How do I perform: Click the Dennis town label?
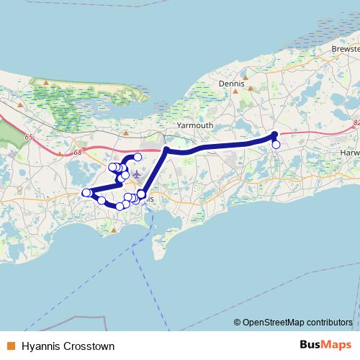pyautogui.click(x=231, y=84)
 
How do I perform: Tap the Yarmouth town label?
pyautogui.click(x=195, y=125)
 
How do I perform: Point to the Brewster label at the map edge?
pyautogui.click(x=345, y=48)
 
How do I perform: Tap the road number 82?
pyautogui.click(x=356, y=123)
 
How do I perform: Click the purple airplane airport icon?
pyautogui.click(x=137, y=174)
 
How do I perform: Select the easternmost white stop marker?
pyautogui.click(x=276, y=144)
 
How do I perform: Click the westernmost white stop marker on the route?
pyautogui.click(x=85, y=192)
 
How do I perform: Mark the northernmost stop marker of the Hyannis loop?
pyautogui.click(x=138, y=157)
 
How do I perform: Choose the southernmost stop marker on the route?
pyautogui.click(x=120, y=207)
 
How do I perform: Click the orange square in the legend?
pyautogui.click(x=11, y=346)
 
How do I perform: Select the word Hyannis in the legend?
pyautogui.click(x=39, y=346)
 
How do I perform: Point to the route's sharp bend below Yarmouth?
pyautogui.click(x=166, y=150)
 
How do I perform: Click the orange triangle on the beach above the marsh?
pyautogui.click(x=46, y=83)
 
